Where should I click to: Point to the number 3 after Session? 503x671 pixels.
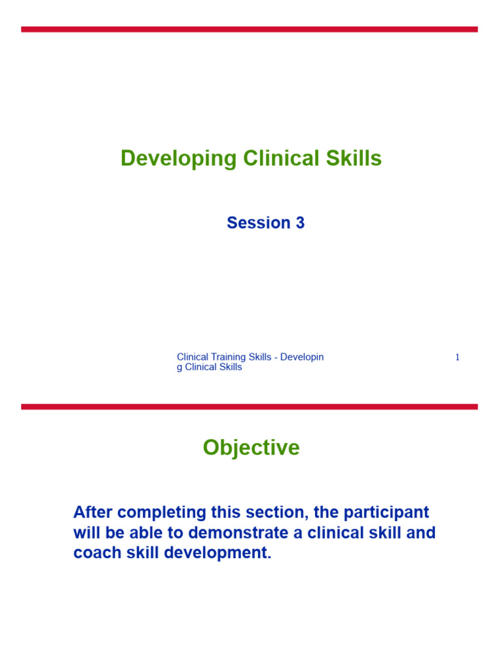pyautogui.click(x=300, y=223)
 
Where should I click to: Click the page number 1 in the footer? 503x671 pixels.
pyautogui.click(x=457, y=357)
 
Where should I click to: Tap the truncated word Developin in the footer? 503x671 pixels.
pyautogui.click(x=302, y=357)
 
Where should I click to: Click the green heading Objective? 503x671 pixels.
pyautogui.click(x=251, y=448)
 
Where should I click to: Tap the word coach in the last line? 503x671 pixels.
pyautogui.click(x=94, y=552)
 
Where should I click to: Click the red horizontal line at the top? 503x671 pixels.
pyautogui.click(x=249, y=29)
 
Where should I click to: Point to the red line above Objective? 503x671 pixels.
pyautogui.click(x=249, y=407)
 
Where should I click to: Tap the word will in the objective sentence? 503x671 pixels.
pyautogui.click(x=86, y=532)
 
